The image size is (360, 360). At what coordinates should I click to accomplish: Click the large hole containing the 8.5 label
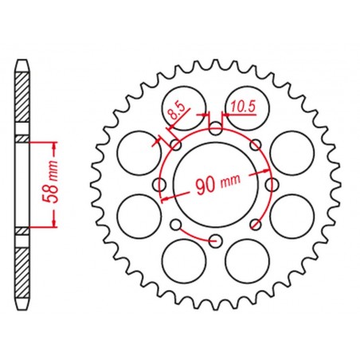click(x=181, y=104)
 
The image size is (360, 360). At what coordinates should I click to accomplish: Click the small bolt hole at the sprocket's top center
click(x=215, y=129)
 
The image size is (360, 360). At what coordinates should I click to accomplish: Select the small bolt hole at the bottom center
click(x=215, y=239)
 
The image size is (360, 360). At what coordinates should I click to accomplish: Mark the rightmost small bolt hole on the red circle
click(x=271, y=184)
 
